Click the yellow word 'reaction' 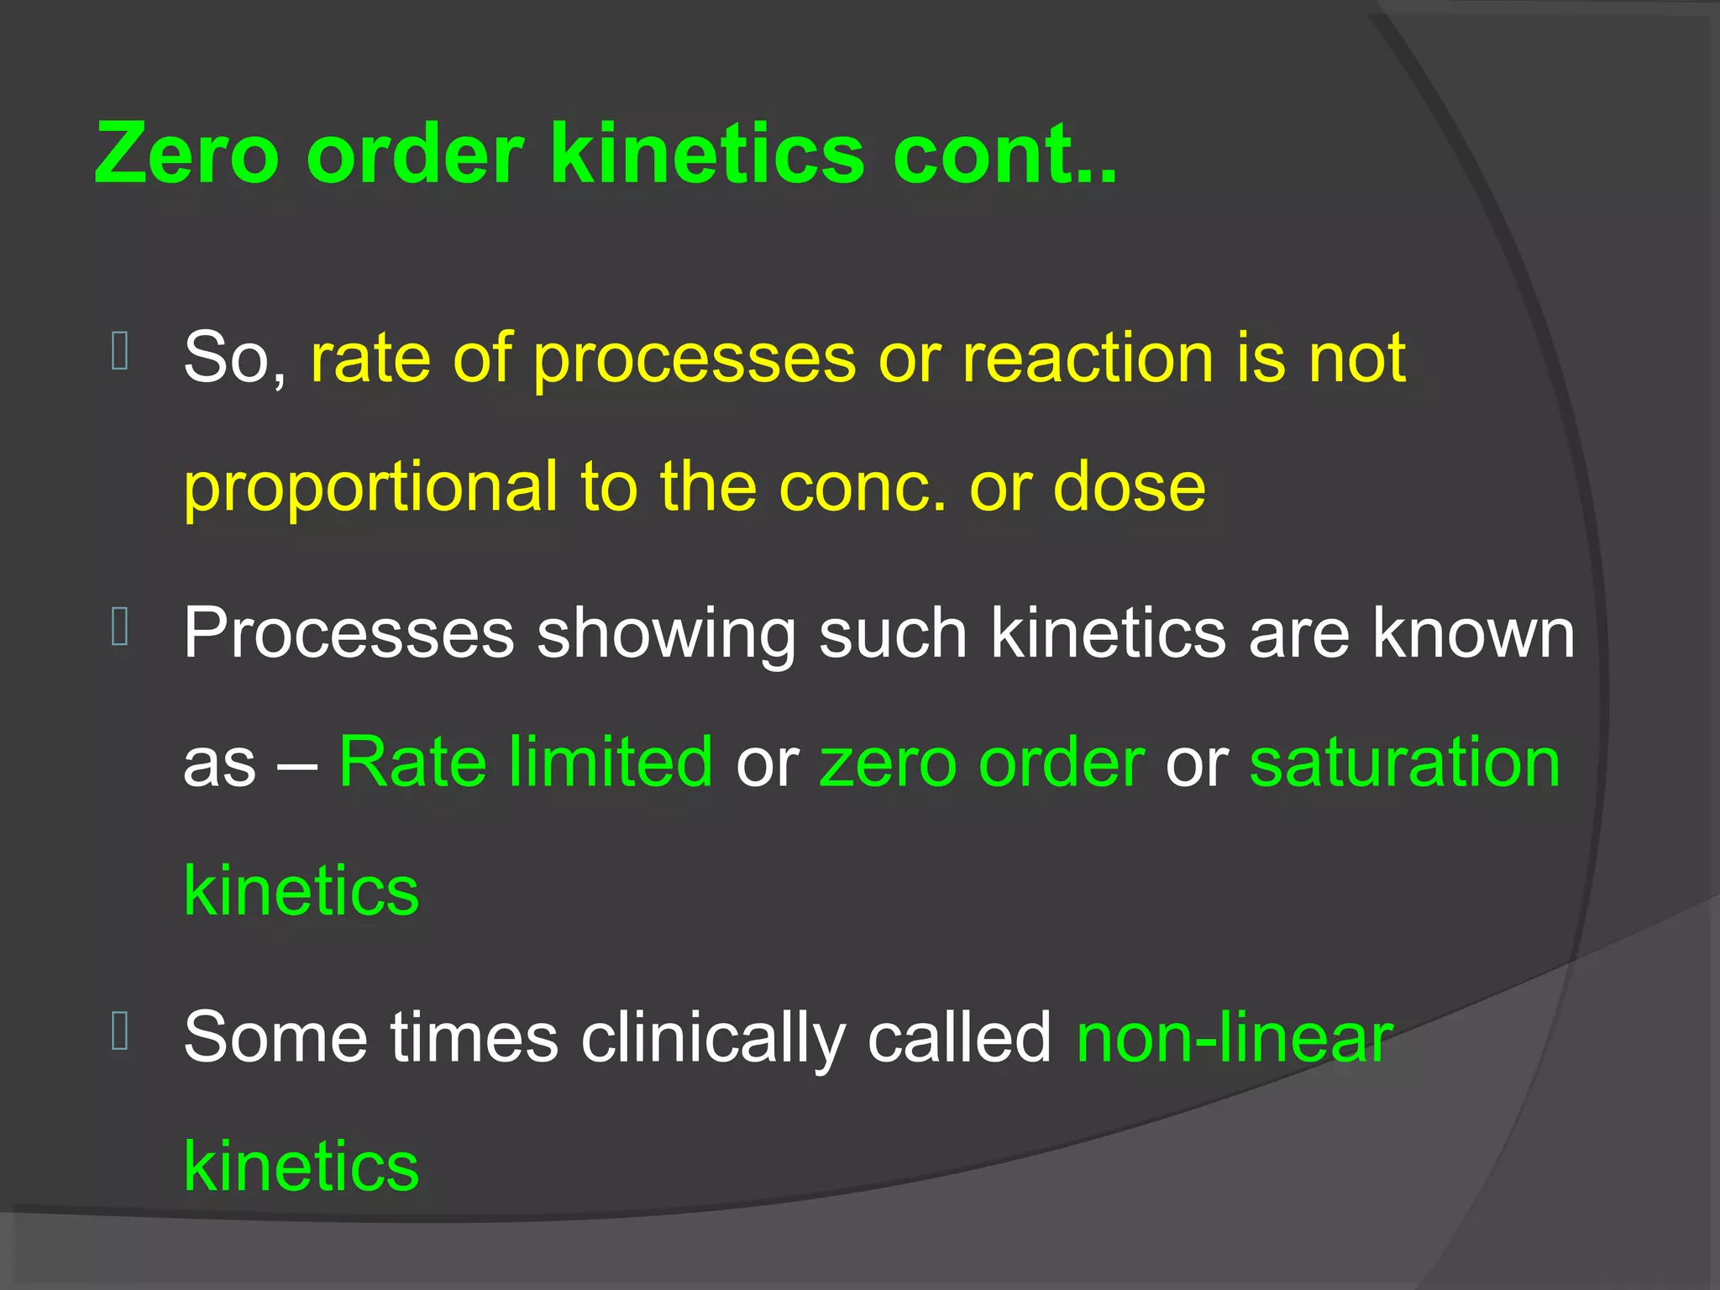tap(1088, 359)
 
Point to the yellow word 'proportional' tap(370, 488)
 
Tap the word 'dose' tap(1130, 488)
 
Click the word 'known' tap(1473, 633)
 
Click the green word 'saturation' tap(1405, 762)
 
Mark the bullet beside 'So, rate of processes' tap(120, 351)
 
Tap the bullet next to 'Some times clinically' tap(120, 1031)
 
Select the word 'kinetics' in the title tap(706, 153)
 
